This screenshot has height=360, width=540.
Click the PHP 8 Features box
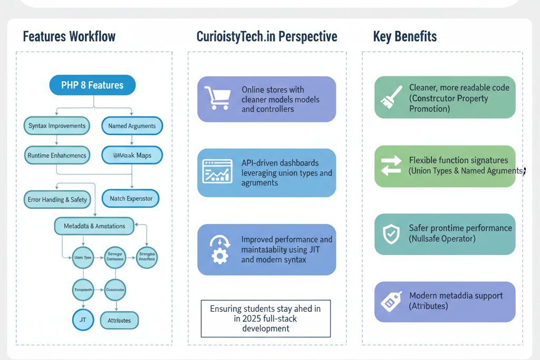(x=92, y=85)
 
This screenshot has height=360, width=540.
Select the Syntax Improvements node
(x=56, y=126)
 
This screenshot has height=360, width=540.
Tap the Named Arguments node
(x=132, y=126)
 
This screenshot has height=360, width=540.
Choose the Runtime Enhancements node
(x=56, y=155)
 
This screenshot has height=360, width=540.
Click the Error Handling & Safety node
(x=57, y=200)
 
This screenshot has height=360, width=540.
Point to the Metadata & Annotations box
(x=94, y=226)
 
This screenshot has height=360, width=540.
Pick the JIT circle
(x=83, y=320)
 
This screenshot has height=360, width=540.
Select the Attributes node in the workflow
(x=122, y=320)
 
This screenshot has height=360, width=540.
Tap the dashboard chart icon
(x=217, y=171)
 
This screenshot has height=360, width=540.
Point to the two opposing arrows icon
(x=391, y=166)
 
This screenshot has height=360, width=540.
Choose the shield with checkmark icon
(x=391, y=234)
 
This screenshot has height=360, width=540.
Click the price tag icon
(x=391, y=301)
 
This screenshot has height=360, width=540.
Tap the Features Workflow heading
(x=69, y=37)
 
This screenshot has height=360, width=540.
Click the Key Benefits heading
(x=404, y=37)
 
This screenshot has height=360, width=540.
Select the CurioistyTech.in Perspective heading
(x=266, y=37)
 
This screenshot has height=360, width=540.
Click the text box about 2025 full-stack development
(x=266, y=318)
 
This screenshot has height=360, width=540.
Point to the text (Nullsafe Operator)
(x=442, y=239)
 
